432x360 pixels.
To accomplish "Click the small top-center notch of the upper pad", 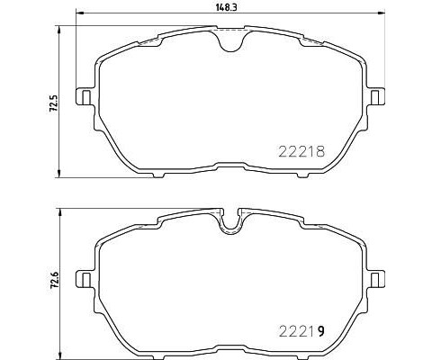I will click(x=232, y=35).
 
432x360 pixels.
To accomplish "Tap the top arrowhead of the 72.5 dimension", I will click(x=59, y=27).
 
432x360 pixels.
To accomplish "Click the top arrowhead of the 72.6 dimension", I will click(x=59, y=209).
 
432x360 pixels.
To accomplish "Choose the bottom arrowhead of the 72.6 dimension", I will click(x=59, y=354).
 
